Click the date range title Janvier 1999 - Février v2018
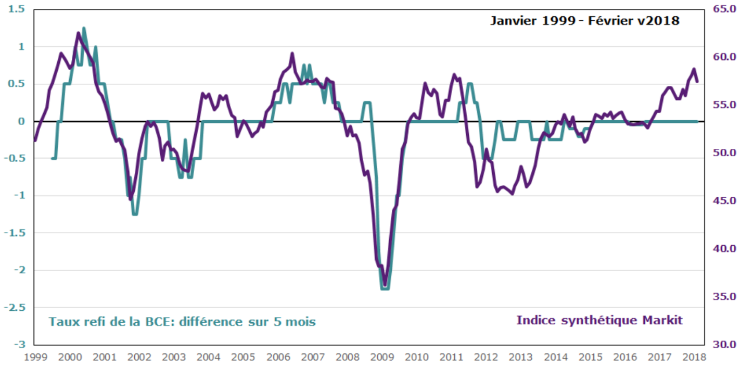(x=584, y=20)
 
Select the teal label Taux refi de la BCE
(x=182, y=322)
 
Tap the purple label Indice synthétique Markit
(x=599, y=320)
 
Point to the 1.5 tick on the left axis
(x=17, y=9)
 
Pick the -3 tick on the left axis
(x=19, y=345)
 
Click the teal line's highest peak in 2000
(x=84, y=28)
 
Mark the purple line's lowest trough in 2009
(x=385, y=285)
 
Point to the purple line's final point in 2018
(x=697, y=81)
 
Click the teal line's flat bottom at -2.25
(x=385, y=289)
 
